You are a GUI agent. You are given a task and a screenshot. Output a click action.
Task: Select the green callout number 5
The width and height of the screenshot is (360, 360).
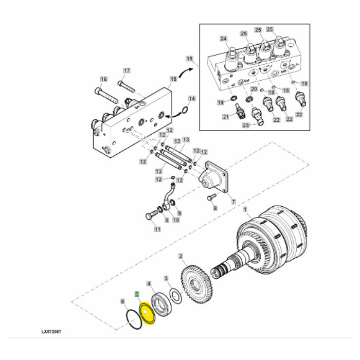click(x=136, y=295)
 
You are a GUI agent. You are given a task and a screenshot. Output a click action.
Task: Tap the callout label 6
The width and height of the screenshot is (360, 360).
click(x=122, y=301)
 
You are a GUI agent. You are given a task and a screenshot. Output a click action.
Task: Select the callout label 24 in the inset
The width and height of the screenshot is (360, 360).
click(x=223, y=39)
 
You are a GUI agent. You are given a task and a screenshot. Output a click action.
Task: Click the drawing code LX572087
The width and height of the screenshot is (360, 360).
click(x=53, y=332)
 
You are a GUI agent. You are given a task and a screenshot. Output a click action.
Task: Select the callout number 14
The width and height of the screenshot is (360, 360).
click(x=191, y=98)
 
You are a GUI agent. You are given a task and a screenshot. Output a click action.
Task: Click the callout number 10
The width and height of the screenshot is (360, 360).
click(x=175, y=220)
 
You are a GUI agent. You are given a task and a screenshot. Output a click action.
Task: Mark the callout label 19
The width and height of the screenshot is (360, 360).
click(x=220, y=103)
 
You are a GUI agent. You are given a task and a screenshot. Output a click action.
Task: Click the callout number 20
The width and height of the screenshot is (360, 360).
click(x=253, y=89)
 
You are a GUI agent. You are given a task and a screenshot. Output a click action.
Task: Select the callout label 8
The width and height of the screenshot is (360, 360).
click(x=215, y=209)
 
